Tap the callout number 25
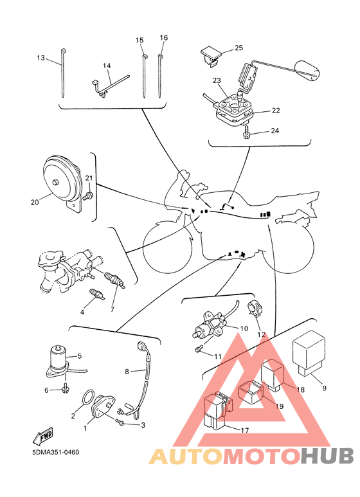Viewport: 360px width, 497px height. pos(239,48)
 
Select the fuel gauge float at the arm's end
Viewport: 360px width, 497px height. pos(307,69)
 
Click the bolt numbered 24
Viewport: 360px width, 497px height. pos(246,132)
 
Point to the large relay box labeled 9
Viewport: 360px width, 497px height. pos(309,353)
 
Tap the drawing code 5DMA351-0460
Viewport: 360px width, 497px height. pos(55,452)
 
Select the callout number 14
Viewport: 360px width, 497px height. pos(107,66)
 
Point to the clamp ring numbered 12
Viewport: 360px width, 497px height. pos(254,309)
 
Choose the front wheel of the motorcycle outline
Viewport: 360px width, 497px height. pos(167,248)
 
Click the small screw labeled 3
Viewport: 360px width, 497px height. pos(120,422)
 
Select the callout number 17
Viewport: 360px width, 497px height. pos(245,430)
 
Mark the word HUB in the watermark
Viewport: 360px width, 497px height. pos(327,456)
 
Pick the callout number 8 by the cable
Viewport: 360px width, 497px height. pos(127,371)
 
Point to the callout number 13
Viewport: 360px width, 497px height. pos(41,58)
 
